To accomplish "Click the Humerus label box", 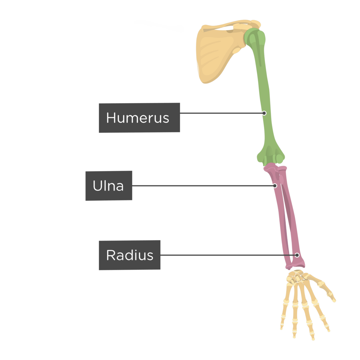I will [x=139, y=118].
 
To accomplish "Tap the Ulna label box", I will [x=109, y=186].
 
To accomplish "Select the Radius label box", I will [x=129, y=255].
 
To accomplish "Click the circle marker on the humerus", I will [x=264, y=113].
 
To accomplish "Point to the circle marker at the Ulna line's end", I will [x=275, y=186].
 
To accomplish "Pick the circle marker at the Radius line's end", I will [x=297, y=255].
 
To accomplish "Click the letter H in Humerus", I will [x=111, y=118].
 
